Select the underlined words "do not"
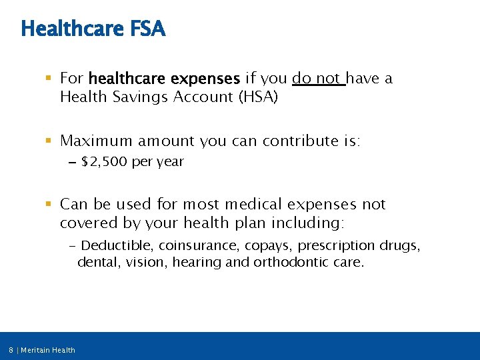pyautogui.click(x=317, y=79)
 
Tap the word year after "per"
pyautogui.click(x=169, y=162)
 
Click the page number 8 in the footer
pyautogui.click(x=11, y=350)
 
